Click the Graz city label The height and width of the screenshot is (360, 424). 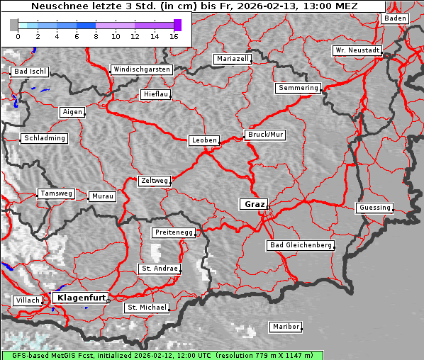point(253,204)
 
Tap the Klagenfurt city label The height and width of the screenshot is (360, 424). point(81,298)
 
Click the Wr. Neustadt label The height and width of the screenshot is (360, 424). point(357,51)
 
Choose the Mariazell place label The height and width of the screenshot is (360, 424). point(233,59)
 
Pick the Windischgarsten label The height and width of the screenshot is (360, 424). point(141,69)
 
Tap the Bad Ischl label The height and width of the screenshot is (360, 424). point(30,72)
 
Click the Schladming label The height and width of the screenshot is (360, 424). point(45,138)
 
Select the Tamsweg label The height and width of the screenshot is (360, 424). point(55,193)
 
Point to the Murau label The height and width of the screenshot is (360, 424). point(103,196)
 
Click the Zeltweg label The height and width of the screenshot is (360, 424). point(154,181)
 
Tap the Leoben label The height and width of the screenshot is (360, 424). point(204,140)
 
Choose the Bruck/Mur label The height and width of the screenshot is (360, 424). point(264,134)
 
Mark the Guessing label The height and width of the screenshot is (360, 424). point(374,208)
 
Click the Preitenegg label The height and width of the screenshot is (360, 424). point(174,232)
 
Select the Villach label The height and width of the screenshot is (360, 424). point(28,300)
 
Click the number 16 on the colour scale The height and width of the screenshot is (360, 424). point(174,35)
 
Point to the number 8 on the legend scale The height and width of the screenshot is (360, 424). point(96,35)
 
